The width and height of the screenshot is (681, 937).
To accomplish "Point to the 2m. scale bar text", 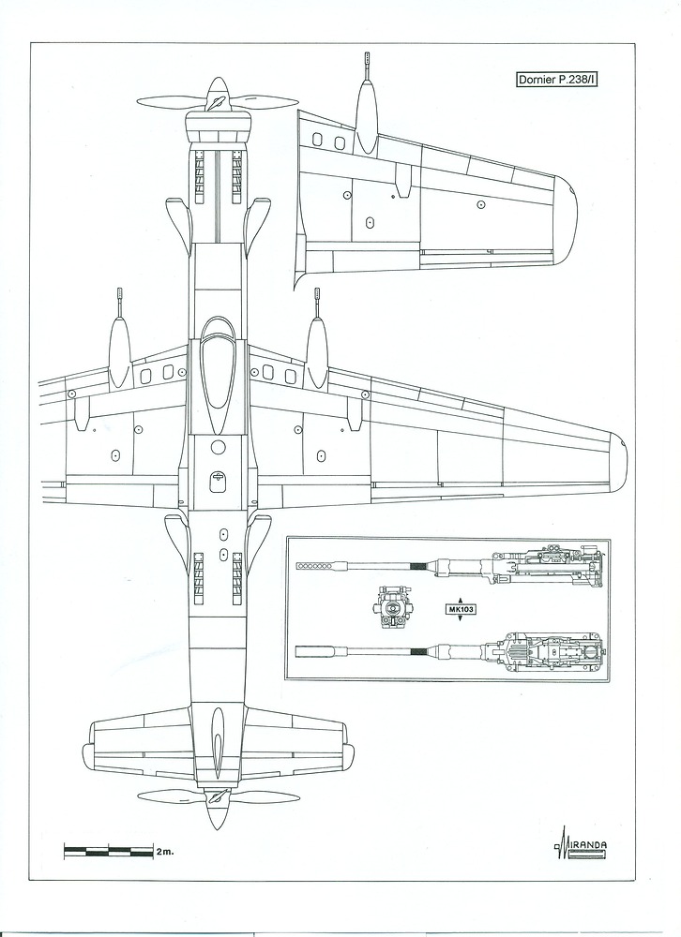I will point(166,852).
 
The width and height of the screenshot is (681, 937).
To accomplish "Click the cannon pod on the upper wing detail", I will point(367,117).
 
